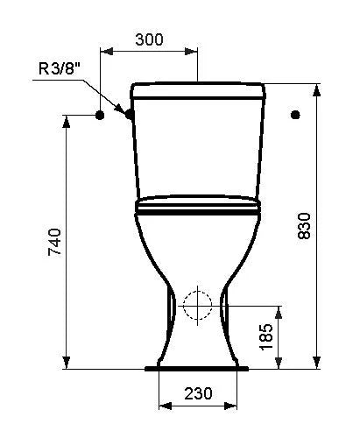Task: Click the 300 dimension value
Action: click(x=149, y=39)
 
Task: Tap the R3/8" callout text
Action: click(x=60, y=68)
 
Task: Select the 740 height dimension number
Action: click(x=54, y=242)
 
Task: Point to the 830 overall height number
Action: click(x=304, y=226)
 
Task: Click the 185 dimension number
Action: click(x=266, y=336)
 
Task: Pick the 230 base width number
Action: click(x=198, y=393)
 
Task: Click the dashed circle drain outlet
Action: click(x=197, y=306)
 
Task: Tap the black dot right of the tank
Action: click(x=295, y=115)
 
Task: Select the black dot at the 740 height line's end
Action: click(x=100, y=116)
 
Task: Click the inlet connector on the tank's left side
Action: click(x=130, y=114)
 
